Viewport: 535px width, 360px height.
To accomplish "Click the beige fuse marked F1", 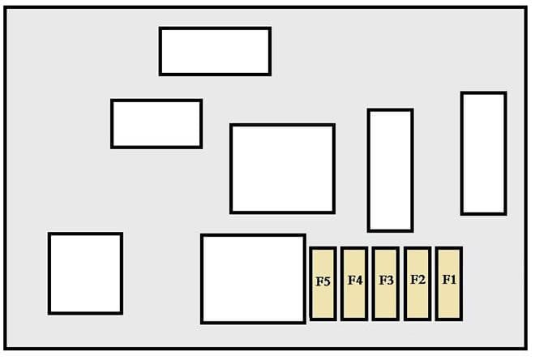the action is point(449,284).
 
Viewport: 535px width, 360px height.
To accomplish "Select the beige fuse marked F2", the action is point(417,284).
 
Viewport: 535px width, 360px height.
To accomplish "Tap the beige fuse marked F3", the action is point(386,284).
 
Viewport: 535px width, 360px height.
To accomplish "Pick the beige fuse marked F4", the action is point(354,284).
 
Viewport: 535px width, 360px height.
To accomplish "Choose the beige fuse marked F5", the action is point(323,284).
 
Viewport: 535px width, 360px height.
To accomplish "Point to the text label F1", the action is point(449,280).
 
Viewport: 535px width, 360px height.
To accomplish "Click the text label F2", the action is point(417,280).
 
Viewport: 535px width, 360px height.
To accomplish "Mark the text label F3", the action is point(386,281).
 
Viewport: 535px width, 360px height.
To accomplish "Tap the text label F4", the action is point(355,281).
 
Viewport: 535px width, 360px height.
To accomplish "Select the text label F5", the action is point(323,282).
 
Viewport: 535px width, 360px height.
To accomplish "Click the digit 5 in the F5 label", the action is point(327,282).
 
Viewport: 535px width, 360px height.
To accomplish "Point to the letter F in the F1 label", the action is point(446,280).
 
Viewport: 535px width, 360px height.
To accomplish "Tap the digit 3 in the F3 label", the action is point(390,281).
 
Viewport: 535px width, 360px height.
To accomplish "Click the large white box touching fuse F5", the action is point(253,279).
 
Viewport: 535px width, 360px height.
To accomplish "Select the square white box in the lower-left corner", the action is point(85,273).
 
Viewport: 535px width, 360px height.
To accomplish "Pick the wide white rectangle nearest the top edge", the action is point(215,51).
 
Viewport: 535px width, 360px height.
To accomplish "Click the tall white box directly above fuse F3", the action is point(391,170).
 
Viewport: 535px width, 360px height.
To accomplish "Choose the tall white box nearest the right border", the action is point(483,153).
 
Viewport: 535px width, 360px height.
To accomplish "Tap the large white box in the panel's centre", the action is point(283,169).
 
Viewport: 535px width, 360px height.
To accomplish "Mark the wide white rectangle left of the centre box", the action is point(156,124).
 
